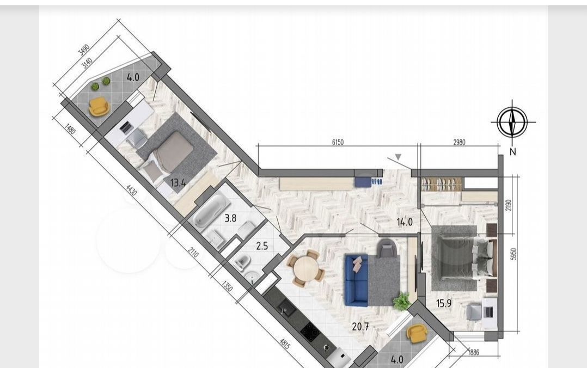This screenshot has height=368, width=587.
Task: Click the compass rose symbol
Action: [x=512, y=122]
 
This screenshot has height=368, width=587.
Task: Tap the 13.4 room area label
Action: [x=178, y=183]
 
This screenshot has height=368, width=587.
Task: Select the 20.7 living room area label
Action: [x=360, y=327]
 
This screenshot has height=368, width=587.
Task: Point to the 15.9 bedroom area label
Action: [x=444, y=303]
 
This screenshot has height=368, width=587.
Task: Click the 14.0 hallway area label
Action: [x=405, y=222]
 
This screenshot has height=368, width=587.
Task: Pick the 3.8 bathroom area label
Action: [x=230, y=218]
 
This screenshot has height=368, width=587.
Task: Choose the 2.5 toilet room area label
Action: [x=262, y=246]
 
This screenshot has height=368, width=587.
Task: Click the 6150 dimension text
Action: [x=338, y=142]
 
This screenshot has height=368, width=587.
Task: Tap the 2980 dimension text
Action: [x=460, y=142]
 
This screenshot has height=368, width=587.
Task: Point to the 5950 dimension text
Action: [x=513, y=254]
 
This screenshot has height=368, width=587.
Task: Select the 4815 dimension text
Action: [x=284, y=344]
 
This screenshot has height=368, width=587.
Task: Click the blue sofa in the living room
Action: [x=357, y=280]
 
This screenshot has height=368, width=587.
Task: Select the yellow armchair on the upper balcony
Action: [x=99, y=107]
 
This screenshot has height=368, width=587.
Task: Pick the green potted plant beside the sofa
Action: [x=402, y=302]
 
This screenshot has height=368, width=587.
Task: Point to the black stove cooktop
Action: [x=310, y=332]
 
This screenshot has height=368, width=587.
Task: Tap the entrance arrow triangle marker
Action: [x=399, y=157]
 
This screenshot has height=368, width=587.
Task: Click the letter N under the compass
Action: [x=513, y=152]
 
